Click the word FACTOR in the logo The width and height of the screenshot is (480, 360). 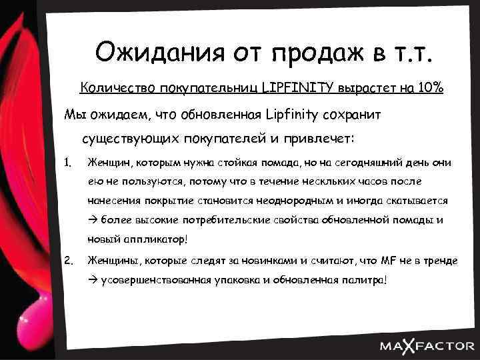443,345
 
